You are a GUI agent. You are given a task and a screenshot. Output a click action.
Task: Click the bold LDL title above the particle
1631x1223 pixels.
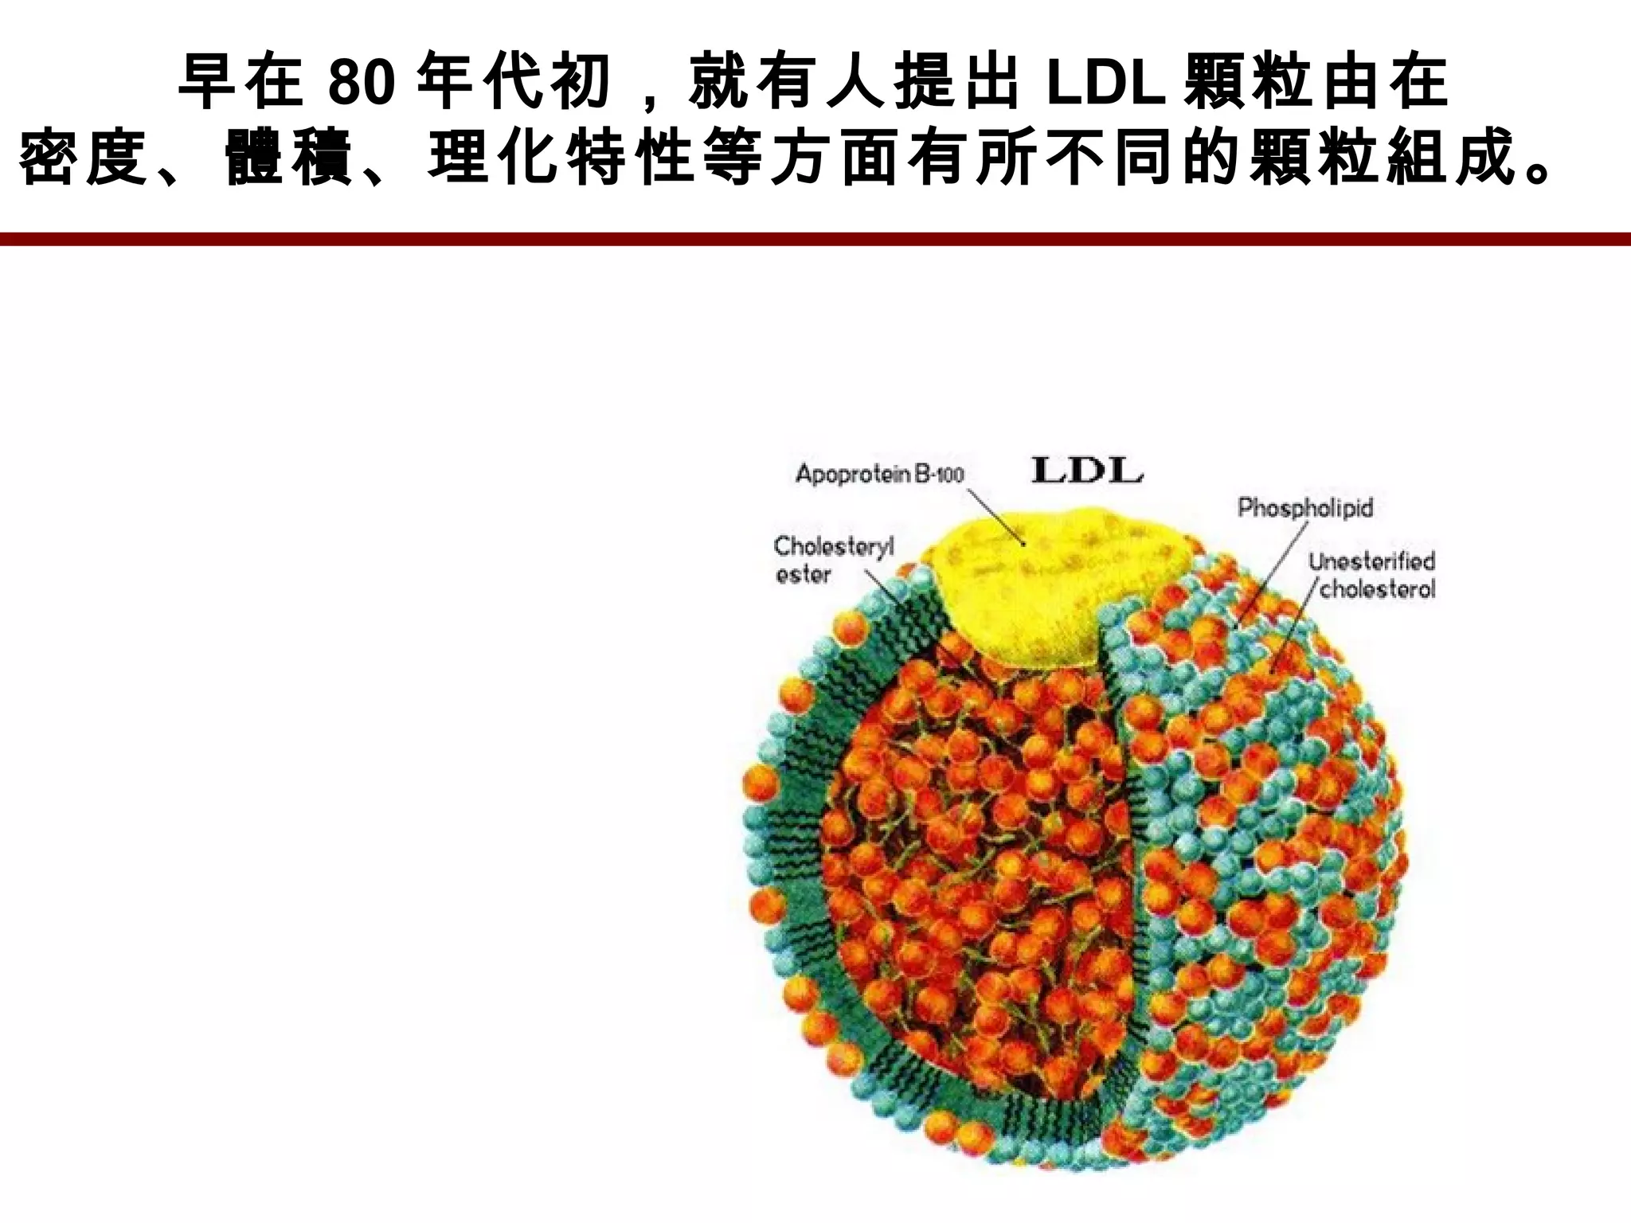tap(1087, 471)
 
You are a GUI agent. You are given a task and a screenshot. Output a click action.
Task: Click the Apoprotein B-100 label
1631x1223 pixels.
tap(879, 475)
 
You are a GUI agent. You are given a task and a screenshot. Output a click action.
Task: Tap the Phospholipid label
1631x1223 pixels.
tap(1305, 507)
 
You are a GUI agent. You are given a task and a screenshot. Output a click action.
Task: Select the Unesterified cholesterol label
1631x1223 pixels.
tap(1371, 575)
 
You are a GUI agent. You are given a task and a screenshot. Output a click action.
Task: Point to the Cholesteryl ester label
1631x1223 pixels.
tap(833, 560)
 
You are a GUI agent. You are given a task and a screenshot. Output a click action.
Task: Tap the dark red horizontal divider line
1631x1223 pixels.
tap(815, 239)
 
